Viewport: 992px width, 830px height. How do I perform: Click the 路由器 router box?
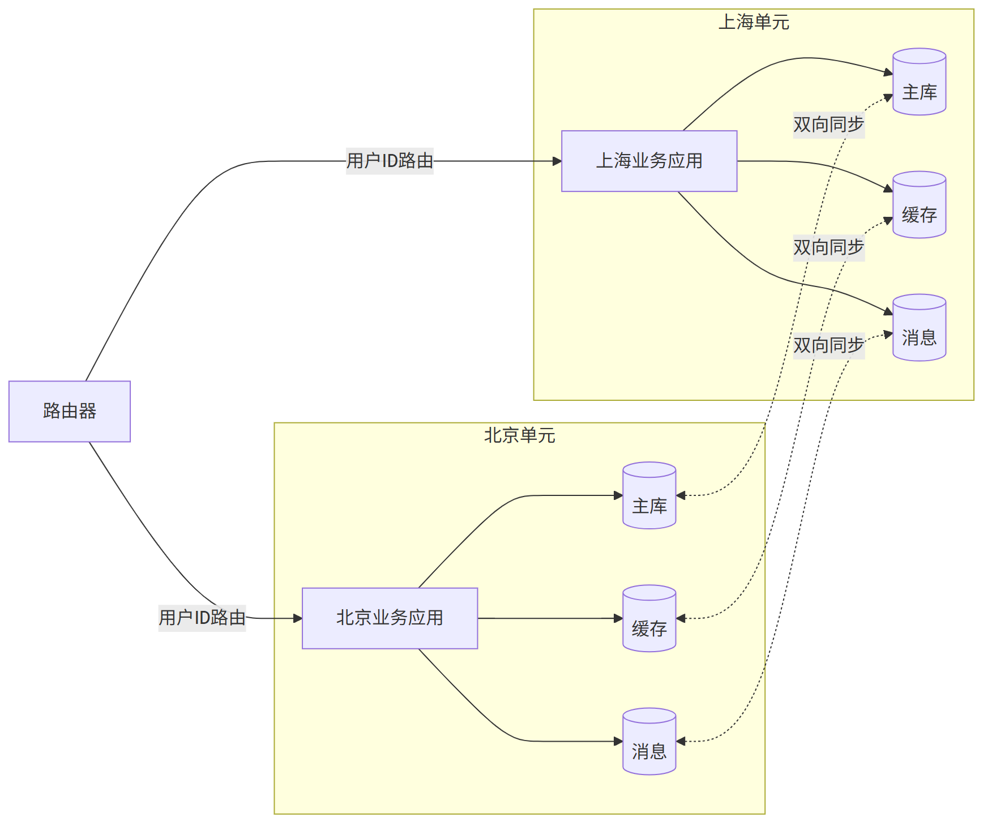(70, 411)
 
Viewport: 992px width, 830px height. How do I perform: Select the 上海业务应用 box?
(649, 161)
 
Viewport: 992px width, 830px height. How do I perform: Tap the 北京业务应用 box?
(390, 618)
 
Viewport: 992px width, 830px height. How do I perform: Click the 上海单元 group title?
(754, 22)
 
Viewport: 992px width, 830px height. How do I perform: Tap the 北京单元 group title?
(519, 435)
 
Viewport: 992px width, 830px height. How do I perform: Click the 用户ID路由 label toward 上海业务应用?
(390, 161)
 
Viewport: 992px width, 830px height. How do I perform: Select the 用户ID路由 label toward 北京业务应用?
(202, 617)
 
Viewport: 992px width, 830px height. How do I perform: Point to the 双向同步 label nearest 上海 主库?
(828, 125)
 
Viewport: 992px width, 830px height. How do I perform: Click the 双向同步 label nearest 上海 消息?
(828, 345)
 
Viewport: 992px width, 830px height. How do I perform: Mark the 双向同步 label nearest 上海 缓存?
(828, 247)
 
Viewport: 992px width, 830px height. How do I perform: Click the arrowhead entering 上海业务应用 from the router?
(557, 161)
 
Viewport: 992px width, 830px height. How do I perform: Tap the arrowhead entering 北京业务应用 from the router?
(298, 618)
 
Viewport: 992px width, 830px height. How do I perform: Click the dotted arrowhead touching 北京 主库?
(681, 495)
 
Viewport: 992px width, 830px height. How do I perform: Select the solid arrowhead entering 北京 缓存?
(618, 618)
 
